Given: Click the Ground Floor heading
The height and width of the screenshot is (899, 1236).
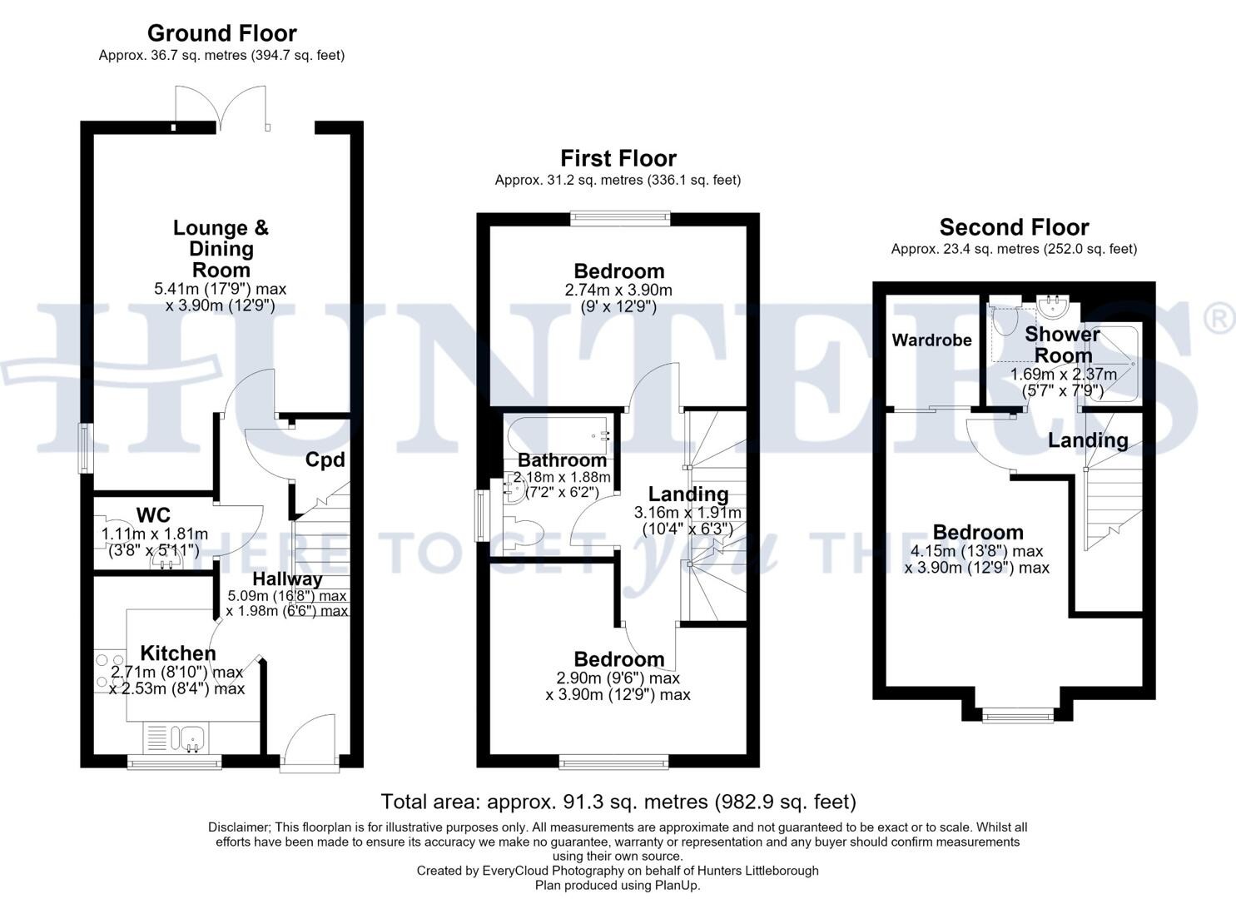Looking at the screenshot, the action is coord(222,33).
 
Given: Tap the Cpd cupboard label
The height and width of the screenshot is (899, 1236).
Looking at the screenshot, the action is coord(325,459).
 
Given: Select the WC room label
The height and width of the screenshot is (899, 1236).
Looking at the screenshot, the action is coord(153,515).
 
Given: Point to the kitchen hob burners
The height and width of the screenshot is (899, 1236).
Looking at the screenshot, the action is coord(109,673).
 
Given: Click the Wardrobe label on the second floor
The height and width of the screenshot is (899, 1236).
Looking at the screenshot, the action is coord(931,340).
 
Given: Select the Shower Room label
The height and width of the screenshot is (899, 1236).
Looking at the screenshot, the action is coord(1062,345).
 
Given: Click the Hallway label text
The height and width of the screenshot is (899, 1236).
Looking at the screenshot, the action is coord(287,579).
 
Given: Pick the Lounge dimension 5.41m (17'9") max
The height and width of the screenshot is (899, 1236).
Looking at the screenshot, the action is coord(221,289).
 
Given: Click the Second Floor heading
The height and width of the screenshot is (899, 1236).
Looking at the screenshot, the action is coord(1014,227).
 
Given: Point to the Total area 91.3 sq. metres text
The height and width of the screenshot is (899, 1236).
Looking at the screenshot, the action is coord(618,802).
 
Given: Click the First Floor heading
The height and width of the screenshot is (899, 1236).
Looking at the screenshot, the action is coord(618,158).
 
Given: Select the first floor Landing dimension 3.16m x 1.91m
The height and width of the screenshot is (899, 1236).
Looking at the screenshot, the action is coord(687,513).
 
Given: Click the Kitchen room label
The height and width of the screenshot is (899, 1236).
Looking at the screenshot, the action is coord(177,653).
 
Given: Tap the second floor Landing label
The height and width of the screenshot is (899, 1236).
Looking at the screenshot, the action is coord(1088,440).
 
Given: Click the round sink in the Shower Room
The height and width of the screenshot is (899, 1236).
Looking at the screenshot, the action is coord(1053,307).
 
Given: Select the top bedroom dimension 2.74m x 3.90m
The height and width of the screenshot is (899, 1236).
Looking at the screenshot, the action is coord(618,291).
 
